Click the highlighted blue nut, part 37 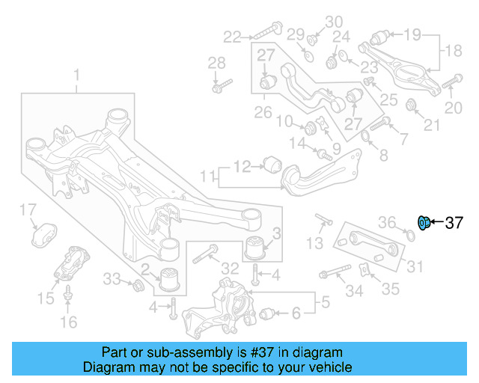point(423,222)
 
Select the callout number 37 point(454,223)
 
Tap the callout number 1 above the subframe point(76,75)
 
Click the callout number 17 point(28,209)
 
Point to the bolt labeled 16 point(68,295)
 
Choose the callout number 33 point(111,278)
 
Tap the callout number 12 point(241,166)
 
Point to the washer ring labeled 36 point(408,237)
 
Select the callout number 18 point(454,51)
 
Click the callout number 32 point(230,268)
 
